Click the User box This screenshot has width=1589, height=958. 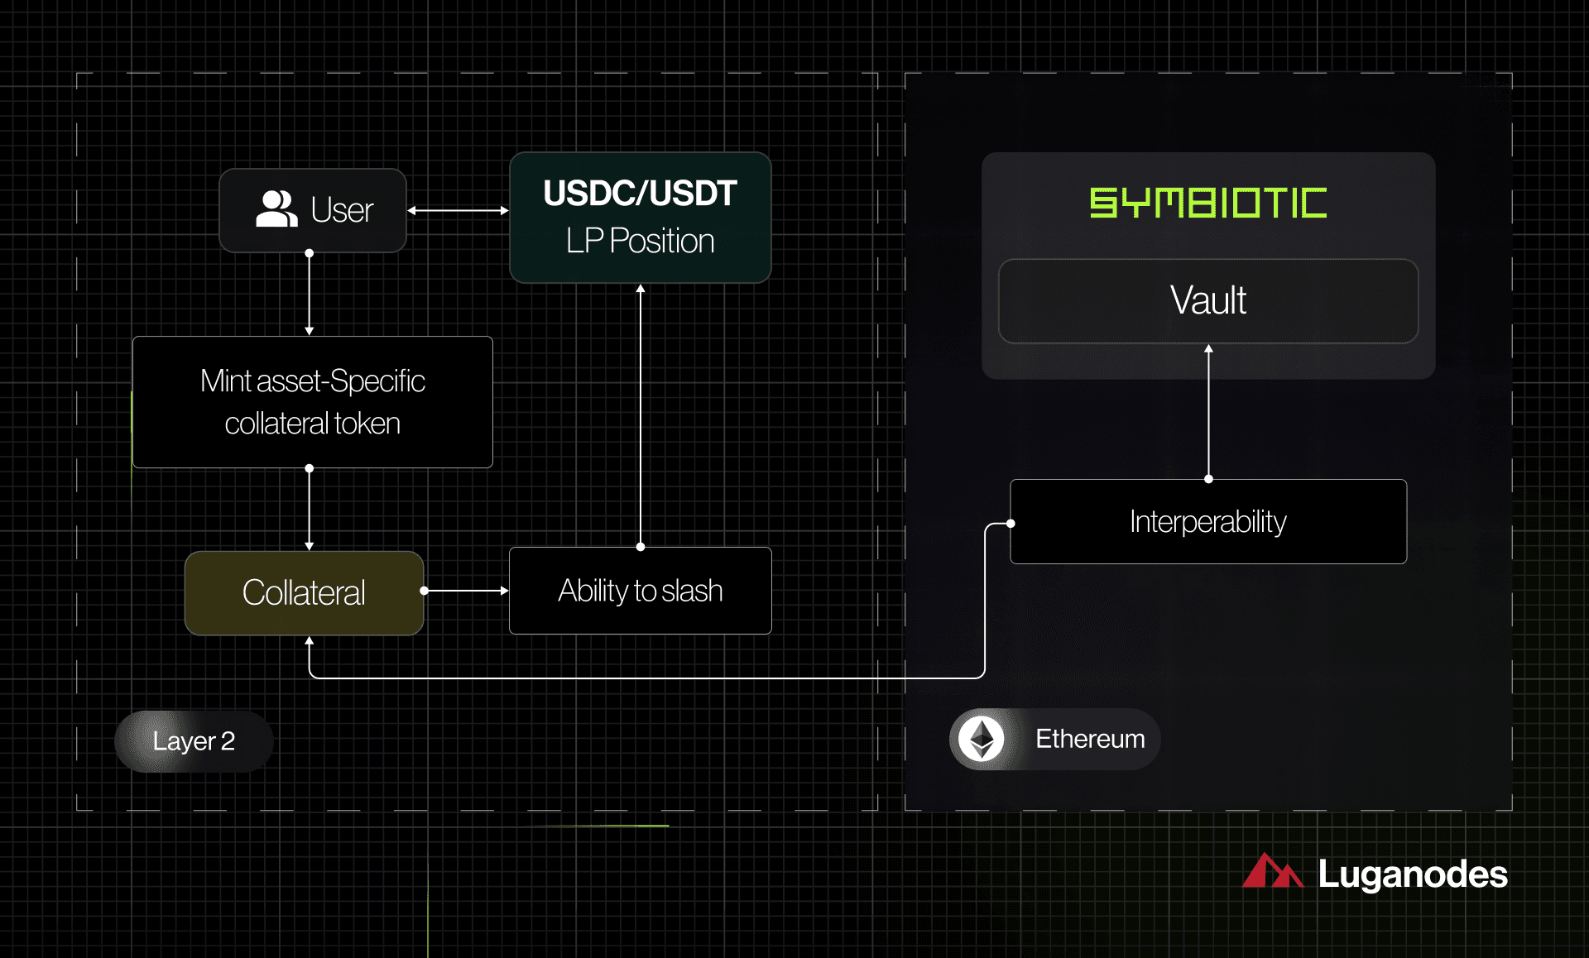(313, 210)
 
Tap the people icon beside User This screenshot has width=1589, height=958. (276, 208)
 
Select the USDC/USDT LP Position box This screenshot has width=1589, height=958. (640, 218)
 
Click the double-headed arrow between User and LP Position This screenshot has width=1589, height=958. (458, 210)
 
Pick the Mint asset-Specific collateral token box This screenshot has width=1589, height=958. (312, 402)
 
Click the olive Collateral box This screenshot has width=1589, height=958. (304, 593)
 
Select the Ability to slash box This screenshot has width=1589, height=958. (640, 591)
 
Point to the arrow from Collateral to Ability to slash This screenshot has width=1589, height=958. (465, 591)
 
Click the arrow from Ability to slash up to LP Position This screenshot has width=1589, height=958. (640, 414)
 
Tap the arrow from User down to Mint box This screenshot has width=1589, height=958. (309, 294)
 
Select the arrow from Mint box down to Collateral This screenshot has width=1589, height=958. (309, 509)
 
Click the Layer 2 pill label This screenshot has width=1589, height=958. (194, 741)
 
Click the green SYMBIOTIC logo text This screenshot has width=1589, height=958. (1207, 204)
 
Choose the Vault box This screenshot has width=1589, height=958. (1207, 300)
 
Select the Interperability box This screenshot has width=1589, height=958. (1207, 522)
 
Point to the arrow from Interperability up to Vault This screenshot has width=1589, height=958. (1208, 411)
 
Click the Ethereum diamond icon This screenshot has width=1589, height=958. (982, 739)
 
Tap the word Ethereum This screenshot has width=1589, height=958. (1090, 739)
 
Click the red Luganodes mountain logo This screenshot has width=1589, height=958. (1272, 871)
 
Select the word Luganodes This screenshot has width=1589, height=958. (1412, 874)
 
